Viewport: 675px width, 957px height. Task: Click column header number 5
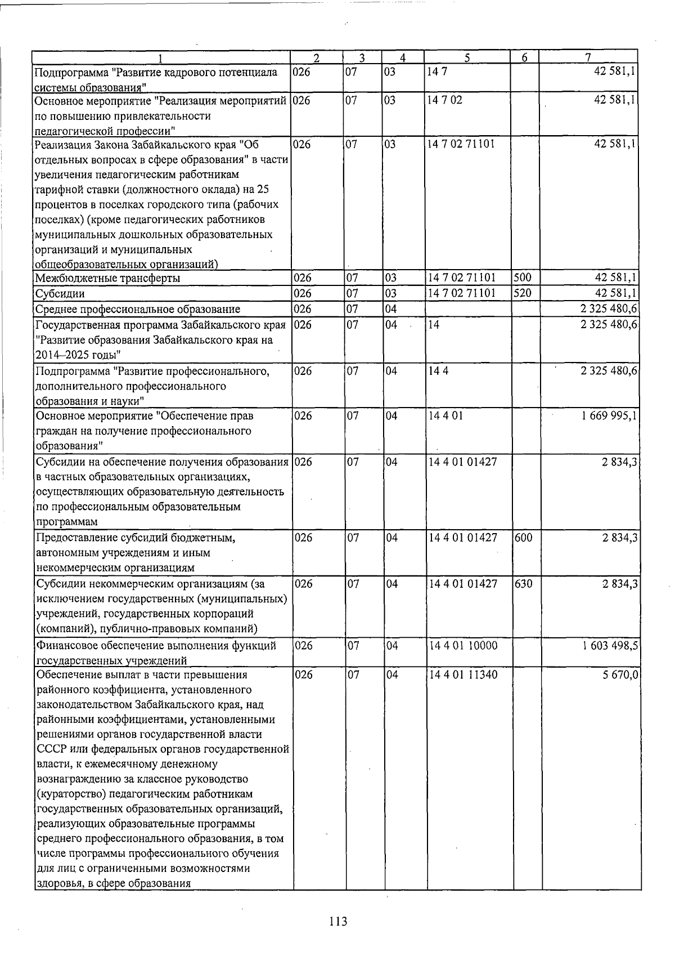[467, 57]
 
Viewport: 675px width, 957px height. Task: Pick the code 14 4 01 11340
[462, 675]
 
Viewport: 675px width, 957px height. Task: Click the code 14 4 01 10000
[462, 646]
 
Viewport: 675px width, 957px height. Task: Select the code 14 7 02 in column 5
[445, 101]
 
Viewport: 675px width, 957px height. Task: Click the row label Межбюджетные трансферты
[107, 279]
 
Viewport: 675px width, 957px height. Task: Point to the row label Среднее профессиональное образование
[137, 309]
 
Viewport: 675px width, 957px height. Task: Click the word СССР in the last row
[50, 750]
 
